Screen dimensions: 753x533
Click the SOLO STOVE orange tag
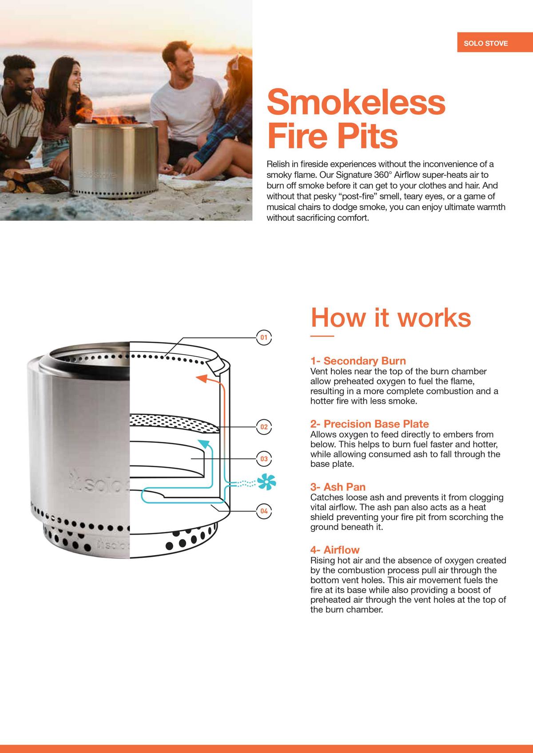(x=485, y=43)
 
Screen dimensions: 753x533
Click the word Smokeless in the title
(x=356, y=102)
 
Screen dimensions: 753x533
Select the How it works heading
(x=390, y=318)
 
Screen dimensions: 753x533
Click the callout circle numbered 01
(x=264, y=338)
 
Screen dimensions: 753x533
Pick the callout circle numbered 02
(x=264, y=427)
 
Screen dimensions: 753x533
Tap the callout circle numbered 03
(x=264, y=459)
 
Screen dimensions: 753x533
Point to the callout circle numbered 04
(x=264, y=511)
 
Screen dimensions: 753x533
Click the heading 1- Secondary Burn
(x=358, y=361)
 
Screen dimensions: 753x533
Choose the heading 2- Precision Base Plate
(x=370, y=424)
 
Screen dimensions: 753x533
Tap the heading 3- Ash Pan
(x=338, y=487)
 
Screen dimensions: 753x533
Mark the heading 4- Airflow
(x=335, y=550)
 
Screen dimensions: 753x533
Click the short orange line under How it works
(x=322, y=336)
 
